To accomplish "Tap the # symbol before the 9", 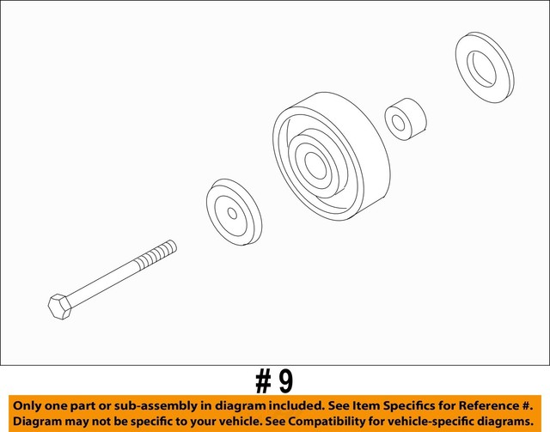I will point(262,380).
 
